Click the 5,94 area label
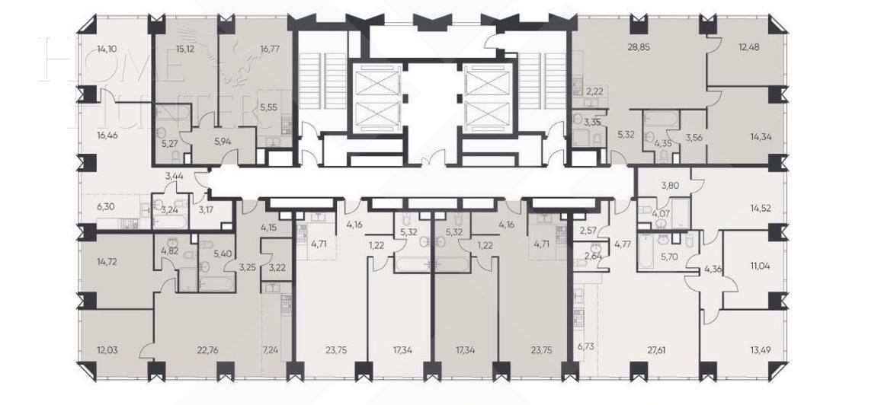pyautogui.click(x=223, y=141)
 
